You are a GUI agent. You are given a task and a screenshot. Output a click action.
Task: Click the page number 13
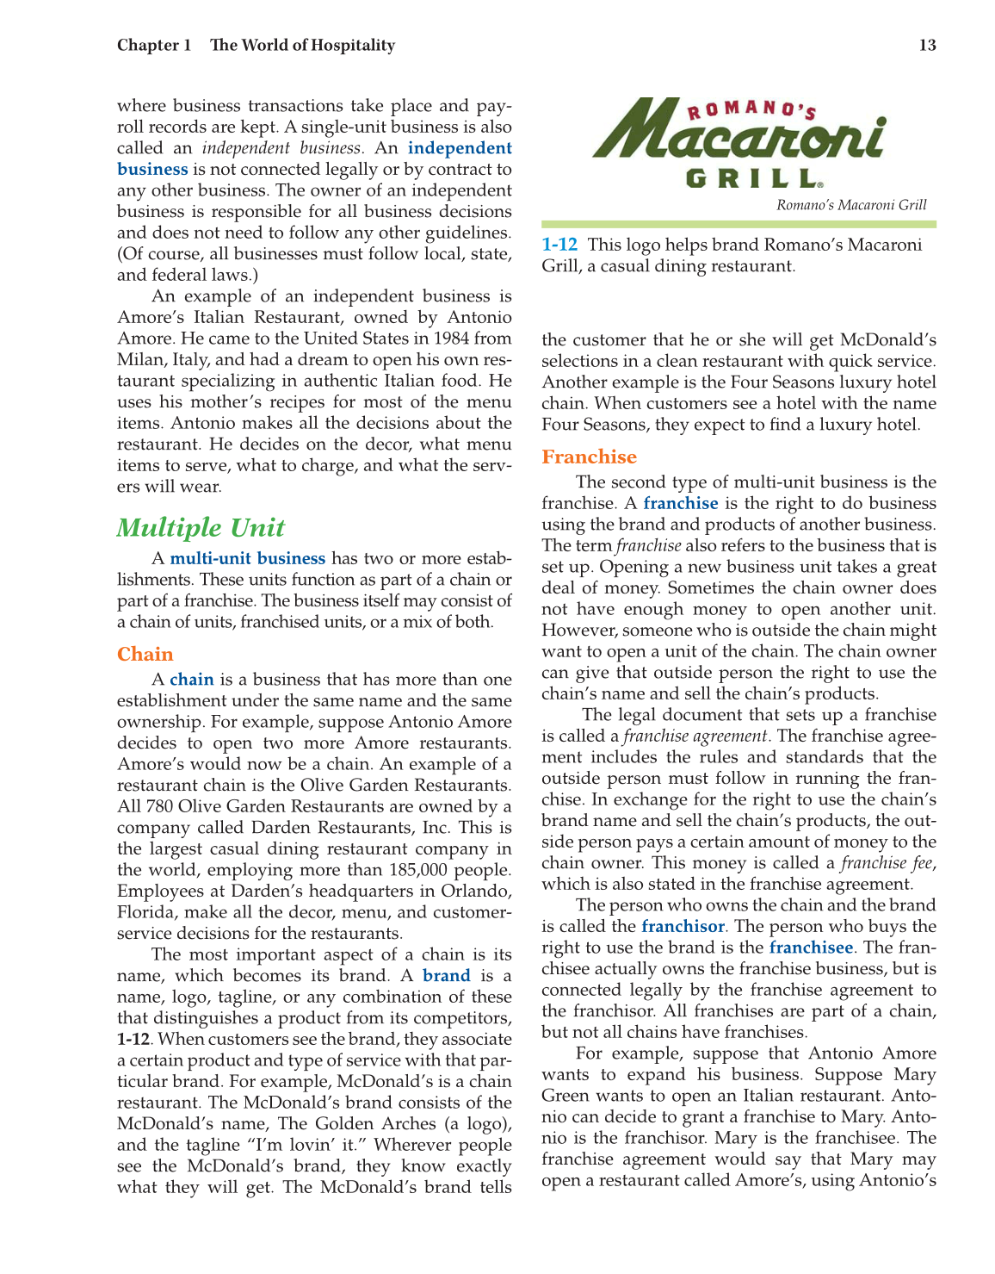click(927, 46)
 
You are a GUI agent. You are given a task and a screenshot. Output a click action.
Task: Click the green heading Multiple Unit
click(201, 528)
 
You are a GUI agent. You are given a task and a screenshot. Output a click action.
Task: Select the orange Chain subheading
click(145, 655)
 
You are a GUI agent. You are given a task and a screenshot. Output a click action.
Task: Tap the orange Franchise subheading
click(589, 457)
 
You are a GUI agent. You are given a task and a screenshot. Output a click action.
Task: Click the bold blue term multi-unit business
click(248, 559)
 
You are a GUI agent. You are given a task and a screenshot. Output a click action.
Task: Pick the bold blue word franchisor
click(683, 927)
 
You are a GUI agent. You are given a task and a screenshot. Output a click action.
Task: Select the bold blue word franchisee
click(811, 948)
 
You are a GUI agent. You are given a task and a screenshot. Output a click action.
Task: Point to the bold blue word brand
click(446, 976)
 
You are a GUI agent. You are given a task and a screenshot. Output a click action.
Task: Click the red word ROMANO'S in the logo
click(751, 109)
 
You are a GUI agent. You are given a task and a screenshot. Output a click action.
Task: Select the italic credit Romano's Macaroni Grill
click(851, 205)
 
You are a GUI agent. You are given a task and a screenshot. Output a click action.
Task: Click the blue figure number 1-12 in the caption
click(559, 245)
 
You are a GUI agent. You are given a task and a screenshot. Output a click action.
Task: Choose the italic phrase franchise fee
click(887, 863)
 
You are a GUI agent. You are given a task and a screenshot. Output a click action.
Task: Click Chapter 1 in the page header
click(154, 46)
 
